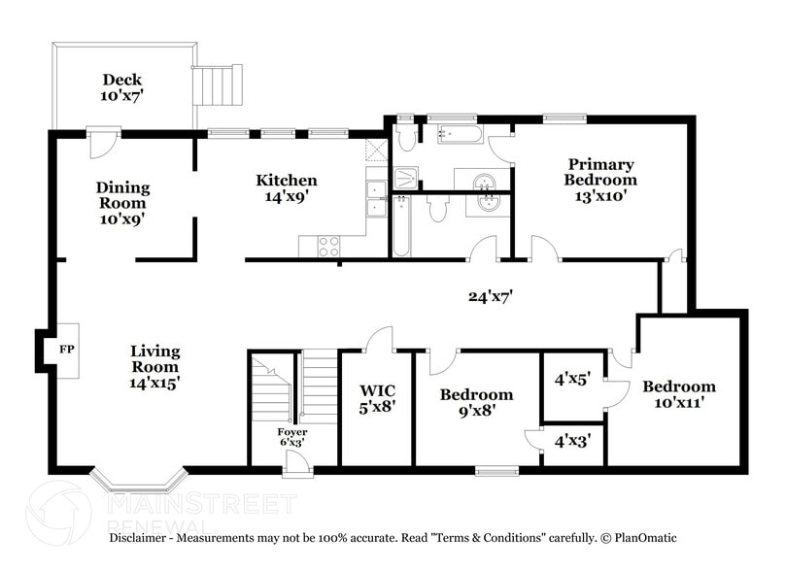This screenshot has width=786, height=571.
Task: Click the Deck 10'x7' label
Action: coord(121,88)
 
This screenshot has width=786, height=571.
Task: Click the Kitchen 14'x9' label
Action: coord(286,187)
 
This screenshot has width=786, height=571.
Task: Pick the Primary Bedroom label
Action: coord(601,180)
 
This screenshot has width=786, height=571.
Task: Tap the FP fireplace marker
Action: coord(67,349)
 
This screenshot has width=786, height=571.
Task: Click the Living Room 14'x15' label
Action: coord(155,367)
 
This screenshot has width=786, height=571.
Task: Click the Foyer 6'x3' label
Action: coord(292,438)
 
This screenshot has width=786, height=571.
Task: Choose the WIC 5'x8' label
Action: coord(376,400)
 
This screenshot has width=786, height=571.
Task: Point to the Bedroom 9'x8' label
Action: coord(476,402)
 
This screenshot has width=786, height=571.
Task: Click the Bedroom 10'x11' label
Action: coord(678,394)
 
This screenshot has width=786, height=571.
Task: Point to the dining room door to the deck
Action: coord(102,143)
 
